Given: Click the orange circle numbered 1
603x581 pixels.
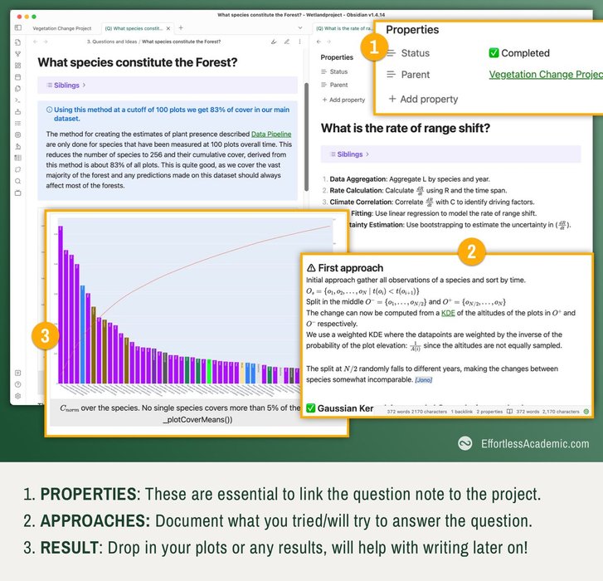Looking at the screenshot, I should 373,49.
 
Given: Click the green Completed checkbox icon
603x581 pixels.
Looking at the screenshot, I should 494,53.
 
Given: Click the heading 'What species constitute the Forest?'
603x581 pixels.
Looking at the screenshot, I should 138,62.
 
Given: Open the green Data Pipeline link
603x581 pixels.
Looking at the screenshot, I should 271,134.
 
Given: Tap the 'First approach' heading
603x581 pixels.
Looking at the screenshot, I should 345,268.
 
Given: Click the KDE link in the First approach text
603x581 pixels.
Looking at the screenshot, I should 448,313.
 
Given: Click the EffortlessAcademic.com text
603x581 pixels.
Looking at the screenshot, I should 535,444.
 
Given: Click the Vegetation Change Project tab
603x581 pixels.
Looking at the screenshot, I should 62,27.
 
